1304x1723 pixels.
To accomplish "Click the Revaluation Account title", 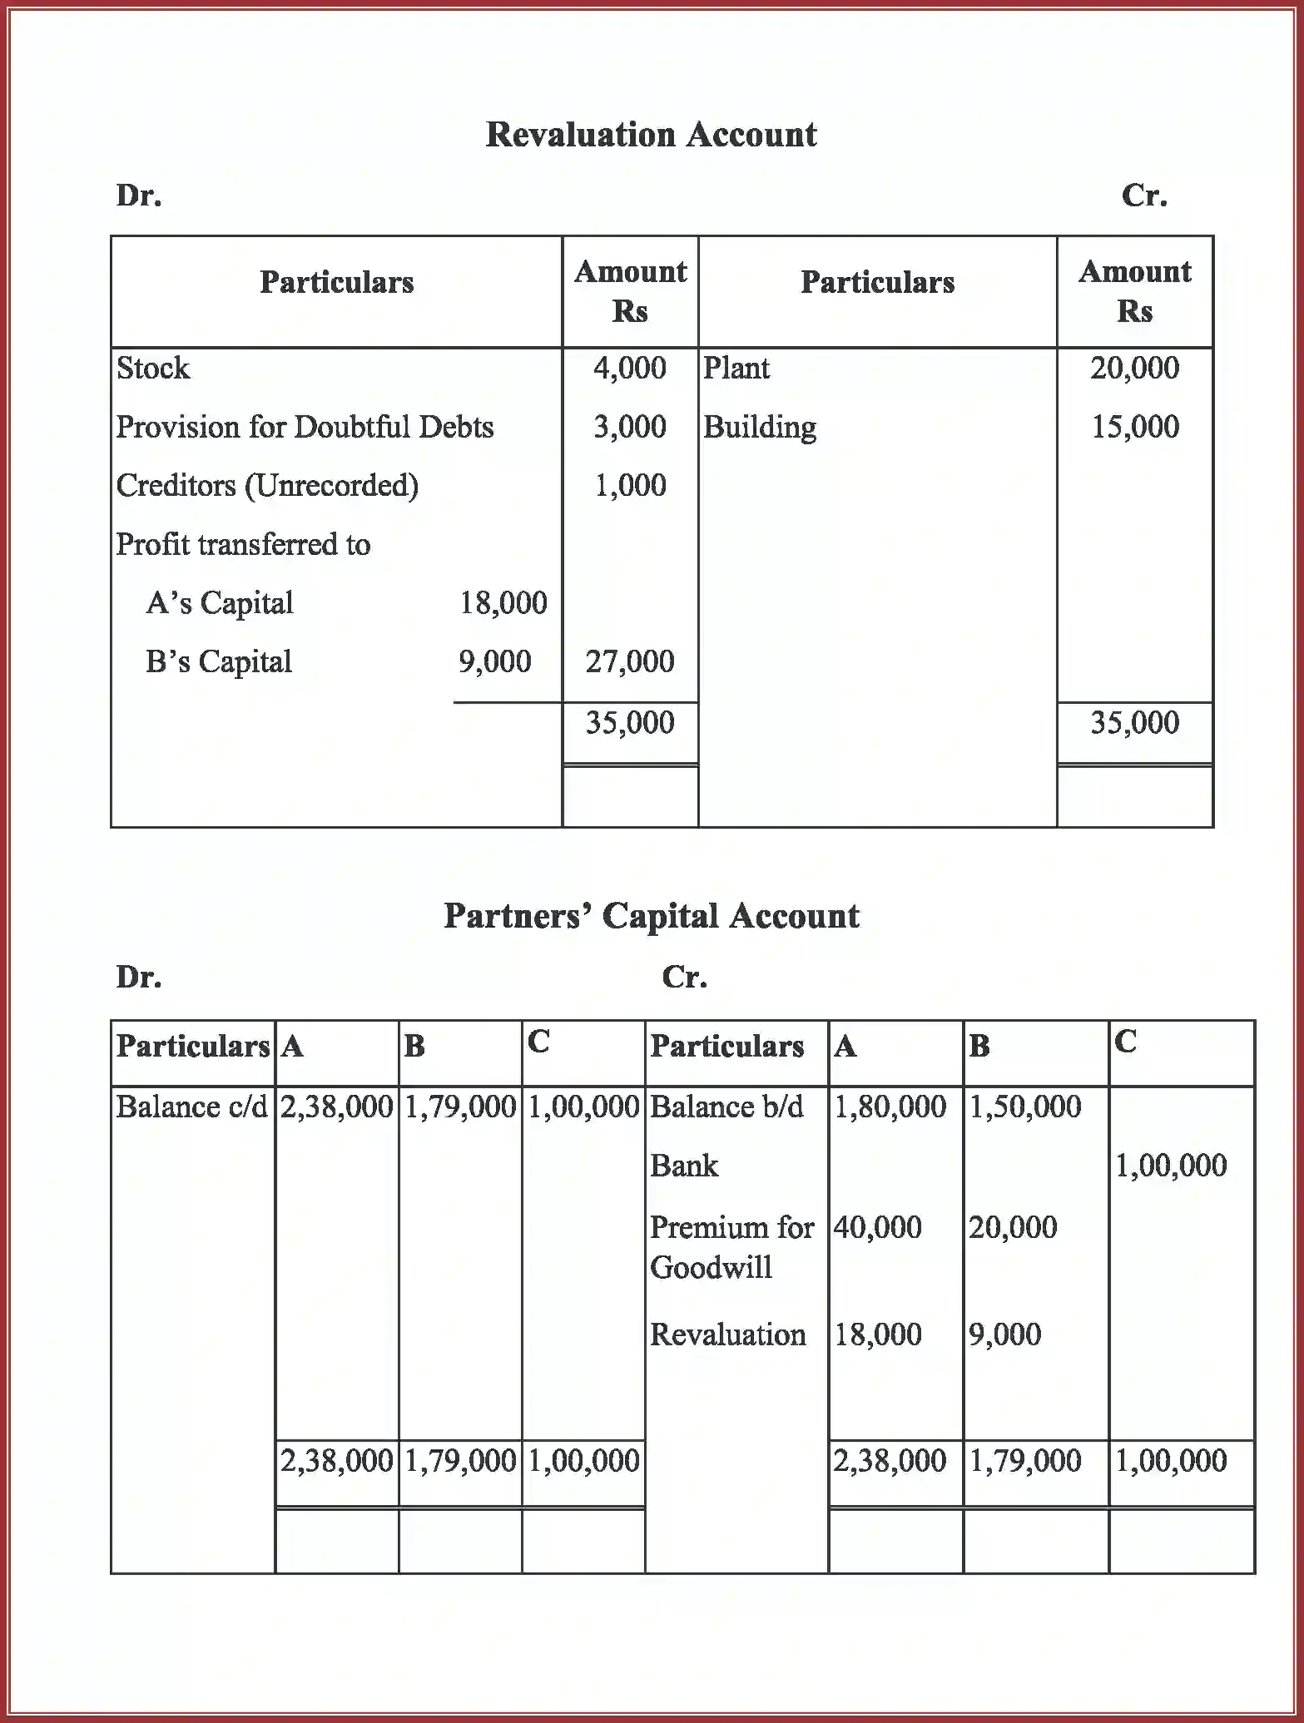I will click(x=651, y=135).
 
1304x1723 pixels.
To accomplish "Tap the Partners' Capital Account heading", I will click(x=651, y=916).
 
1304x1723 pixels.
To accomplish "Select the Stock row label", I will click(x=153, y=368).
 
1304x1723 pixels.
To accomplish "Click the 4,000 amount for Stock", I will click(x=629, y=368).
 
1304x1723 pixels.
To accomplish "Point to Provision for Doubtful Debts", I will click(x=305, y=427).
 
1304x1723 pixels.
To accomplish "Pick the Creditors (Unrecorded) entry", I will click(x=267, y=485).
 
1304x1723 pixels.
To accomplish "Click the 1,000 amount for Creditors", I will click(x=629, y=485).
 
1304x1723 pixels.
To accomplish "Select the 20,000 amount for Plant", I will click(x=1134, y=368).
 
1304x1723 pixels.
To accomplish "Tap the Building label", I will click(x=759, y=427).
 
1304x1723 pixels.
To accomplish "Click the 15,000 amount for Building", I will click(x=1134, y=427).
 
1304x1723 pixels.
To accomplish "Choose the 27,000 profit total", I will click(x=629, y=661).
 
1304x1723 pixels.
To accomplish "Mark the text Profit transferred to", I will click(x=243, y=544).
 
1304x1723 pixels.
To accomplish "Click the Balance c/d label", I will click(x=191, y=1107).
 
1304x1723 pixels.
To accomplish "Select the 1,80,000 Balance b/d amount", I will click(x=890, y=1107).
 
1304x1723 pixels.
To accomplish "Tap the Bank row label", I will click(x=683, y=1166).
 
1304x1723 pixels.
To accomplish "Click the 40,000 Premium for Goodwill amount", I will click(x=877, y=1227).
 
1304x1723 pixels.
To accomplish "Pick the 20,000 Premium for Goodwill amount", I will click(x=1012, y=1227).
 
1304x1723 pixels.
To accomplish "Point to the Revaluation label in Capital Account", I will click(x=727, y=1334).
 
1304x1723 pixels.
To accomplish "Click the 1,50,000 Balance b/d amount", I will click(x=1025, y=1107).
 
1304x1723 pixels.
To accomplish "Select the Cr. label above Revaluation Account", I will click(x=1143, y=196).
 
